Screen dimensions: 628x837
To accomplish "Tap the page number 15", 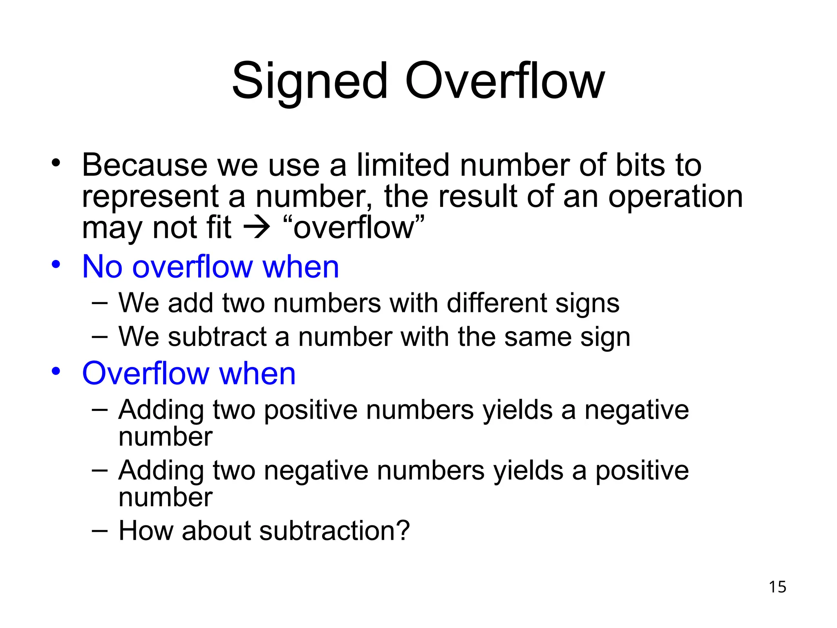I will tap(777, 587).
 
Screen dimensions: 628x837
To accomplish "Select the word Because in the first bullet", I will tap(145, 165).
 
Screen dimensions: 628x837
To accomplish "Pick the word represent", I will tap(150, 197).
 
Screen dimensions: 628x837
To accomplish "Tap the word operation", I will tap(675, 197).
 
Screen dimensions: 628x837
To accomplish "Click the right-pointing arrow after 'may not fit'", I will tap(257, 228).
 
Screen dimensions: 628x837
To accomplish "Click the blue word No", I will tap(102, 267).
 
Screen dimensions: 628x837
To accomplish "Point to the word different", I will tap(497, 303).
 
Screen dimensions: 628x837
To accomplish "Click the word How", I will tap(145, 531).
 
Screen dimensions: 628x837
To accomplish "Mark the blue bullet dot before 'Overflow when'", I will tap(56, 371).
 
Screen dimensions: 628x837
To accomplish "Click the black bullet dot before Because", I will tap(56, 163).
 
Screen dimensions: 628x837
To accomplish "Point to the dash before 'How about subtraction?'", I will tap(100, 531).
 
